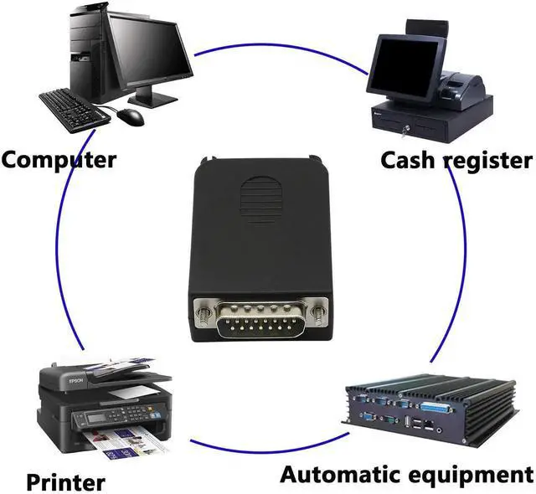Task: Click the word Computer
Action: point(59,158)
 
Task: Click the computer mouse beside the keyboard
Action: point(130,116)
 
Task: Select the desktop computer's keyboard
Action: point(75,108)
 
